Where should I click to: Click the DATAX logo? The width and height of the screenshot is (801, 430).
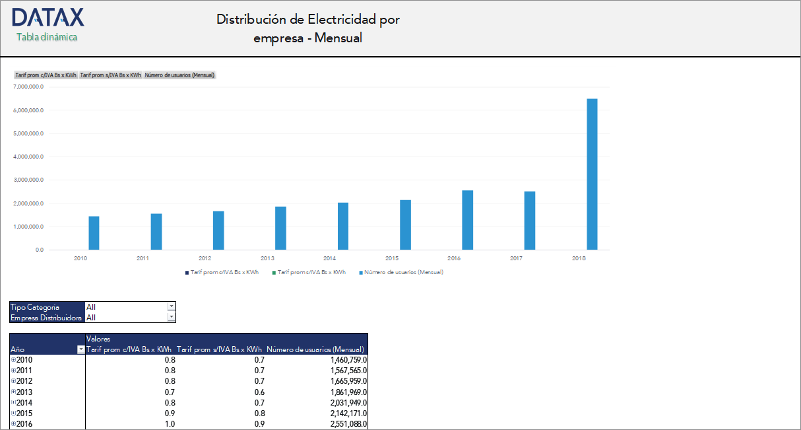click(48, 17)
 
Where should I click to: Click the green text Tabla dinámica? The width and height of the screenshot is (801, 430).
click(47, 37)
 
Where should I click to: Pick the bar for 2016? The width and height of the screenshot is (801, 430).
click(467, 220)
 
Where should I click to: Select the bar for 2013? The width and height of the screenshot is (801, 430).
click(280, 228)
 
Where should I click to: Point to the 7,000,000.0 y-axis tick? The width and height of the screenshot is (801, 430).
click(28, 87)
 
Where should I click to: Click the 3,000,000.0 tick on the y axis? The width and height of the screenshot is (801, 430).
click(28, 180)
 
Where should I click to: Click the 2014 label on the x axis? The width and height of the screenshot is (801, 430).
click(330, 258)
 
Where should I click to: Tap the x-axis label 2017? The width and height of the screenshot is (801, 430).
click(517, 258)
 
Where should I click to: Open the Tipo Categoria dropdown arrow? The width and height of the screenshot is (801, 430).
click(172, 306)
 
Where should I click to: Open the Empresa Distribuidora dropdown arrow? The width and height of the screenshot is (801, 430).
click(172, 317)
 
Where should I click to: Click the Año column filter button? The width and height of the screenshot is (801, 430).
click(81, 349)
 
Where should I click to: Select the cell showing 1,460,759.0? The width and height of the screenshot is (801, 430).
click(348, 360)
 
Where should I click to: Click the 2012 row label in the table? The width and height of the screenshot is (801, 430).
click(24, 381)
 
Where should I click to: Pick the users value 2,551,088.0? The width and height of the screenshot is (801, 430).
click(348, 423)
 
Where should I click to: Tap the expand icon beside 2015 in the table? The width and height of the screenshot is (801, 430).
click(13, 413)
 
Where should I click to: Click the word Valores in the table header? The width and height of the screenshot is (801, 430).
click(98, 339)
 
